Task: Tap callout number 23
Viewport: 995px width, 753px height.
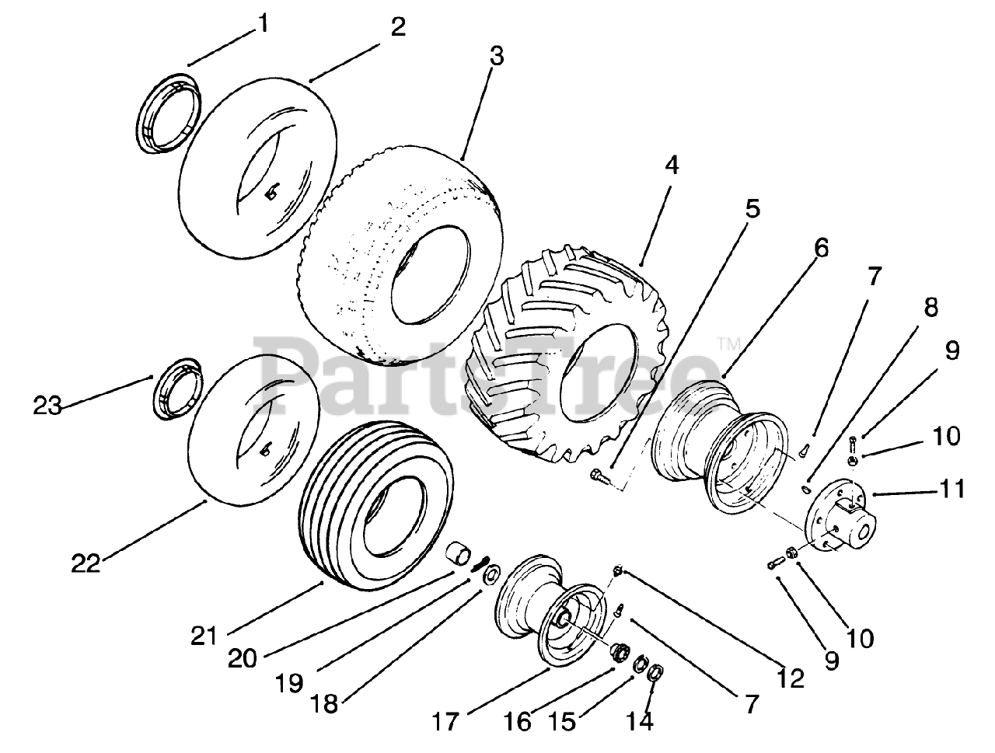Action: [47, 405]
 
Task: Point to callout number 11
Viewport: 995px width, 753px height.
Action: [952, 489]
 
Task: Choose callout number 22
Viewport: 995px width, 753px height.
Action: [86, 563]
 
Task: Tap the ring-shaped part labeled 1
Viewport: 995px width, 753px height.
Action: [167, 114]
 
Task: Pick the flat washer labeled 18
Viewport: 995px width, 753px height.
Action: [491, 576]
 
